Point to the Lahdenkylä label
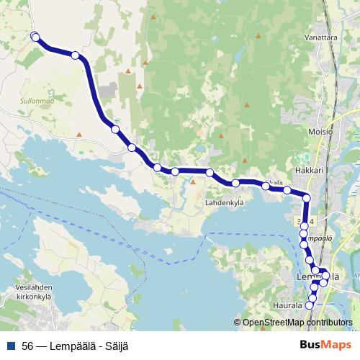coord(225,204)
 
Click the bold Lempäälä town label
coord(318,277)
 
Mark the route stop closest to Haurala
coord(310,305)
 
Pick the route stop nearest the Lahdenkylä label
coord(235,184)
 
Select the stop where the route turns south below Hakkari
coord(307,198)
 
